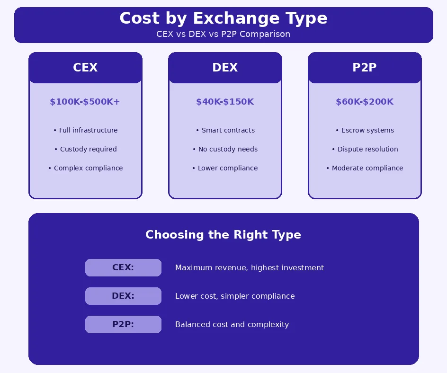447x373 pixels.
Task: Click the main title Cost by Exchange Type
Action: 223,18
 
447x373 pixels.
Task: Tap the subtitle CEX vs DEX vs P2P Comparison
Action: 223,35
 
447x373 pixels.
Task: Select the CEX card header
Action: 85,68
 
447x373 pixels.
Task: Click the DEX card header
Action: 225,68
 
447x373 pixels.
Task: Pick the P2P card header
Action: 365,68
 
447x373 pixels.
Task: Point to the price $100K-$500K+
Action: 85,102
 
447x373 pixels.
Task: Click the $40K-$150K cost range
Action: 225,102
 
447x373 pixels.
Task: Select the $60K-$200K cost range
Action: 365,102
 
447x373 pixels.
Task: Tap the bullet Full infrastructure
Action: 85,130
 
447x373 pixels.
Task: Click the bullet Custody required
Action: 85,149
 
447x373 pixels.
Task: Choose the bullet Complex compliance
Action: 85,168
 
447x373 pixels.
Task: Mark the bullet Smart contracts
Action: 225,130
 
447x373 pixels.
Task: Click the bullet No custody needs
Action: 225,149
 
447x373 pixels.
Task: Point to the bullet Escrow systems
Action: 365,130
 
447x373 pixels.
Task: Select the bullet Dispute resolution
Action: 365,149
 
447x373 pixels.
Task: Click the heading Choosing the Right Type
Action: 223,235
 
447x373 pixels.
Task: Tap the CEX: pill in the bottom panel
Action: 123,267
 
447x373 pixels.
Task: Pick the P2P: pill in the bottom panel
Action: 123,324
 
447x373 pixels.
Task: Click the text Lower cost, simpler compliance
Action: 235,296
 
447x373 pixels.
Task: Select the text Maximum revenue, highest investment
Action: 250,267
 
